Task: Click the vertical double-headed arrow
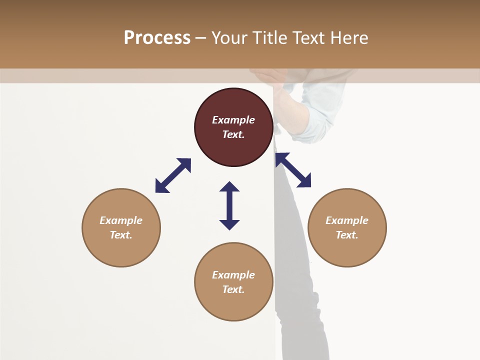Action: [x=229, y=205]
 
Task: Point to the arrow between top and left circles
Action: [x=173, y=175]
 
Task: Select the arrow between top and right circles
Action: [x=293, y=170]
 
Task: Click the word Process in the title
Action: [x=157, y=38]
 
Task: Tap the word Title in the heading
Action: [x=271, y=38]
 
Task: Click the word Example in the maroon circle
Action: [x=233, y=120]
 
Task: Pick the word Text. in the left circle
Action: [x=121, y=235]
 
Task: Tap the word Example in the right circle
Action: [x=347, y=220]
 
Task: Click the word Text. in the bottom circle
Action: [x=233, y=289]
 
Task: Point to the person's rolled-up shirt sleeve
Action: [x=315, y=112]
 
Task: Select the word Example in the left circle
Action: [x=121, y=220]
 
